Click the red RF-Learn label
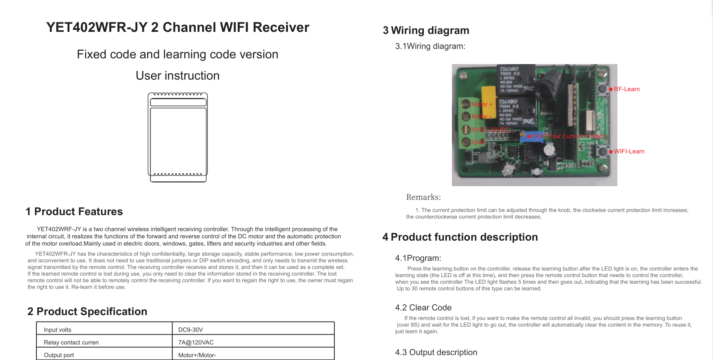627,89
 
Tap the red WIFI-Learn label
629,152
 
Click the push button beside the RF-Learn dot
602,89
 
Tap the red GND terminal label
478,142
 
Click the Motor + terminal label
482,104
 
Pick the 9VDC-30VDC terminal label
491,130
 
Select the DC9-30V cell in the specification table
190,330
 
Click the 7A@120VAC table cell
196,342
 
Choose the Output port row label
59,355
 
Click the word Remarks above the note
423,197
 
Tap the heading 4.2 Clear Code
423,307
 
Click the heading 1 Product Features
74,211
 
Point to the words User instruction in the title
177,76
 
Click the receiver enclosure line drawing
178,137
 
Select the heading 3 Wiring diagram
426,30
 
